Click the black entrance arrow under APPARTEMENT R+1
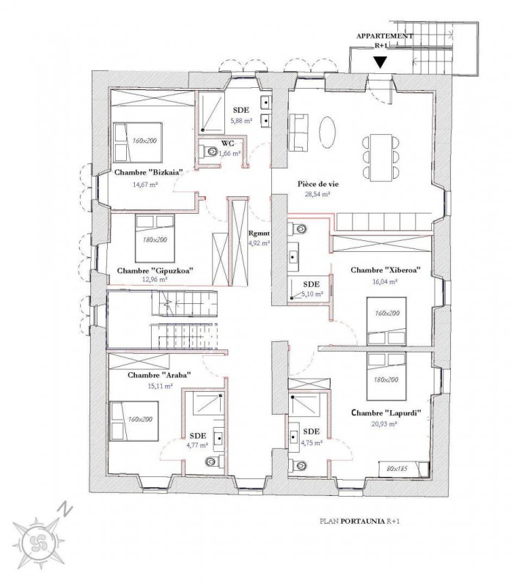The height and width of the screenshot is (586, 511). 380,62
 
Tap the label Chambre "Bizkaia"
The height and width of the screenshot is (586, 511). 149,173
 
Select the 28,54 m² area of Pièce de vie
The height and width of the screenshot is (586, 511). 319,194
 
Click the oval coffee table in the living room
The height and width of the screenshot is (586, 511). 327,133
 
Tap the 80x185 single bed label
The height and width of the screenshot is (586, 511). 397,468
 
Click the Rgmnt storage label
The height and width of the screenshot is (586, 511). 260,233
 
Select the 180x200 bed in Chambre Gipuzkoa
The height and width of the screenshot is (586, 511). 155,239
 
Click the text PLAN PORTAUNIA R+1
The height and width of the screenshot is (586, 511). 360,522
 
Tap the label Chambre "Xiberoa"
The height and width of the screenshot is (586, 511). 386,270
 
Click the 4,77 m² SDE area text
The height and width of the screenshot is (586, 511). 197,445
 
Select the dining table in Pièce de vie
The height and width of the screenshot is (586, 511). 381,157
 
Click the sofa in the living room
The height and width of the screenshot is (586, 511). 298,133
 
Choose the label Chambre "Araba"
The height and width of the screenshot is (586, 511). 159,375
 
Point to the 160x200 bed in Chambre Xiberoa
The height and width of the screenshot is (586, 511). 387,321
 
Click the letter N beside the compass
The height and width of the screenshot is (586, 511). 65,509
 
